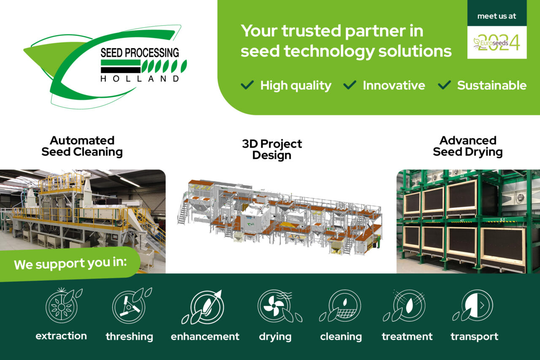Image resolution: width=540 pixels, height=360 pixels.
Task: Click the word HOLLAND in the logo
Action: (x=140, y=79)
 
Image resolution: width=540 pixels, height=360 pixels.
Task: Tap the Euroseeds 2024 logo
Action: (x=497, y=43)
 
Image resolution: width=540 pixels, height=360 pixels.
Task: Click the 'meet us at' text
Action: (x=497, y=16)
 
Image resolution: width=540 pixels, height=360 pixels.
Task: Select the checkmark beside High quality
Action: (x=247, y=85)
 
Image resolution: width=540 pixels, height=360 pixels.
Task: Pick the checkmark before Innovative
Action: (x=350, y=85)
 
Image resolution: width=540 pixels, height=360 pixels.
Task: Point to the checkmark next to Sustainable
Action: (x=444, y=85)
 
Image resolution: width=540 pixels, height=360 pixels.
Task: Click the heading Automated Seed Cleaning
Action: (x=82, y=146)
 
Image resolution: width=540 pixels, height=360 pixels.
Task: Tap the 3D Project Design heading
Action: (x=272, y=149)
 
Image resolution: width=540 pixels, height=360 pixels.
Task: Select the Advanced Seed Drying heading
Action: (x=468, y=146)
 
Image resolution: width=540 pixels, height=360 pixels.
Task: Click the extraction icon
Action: (x=63, y=305)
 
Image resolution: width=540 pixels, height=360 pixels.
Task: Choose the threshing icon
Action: (x=132, y=305)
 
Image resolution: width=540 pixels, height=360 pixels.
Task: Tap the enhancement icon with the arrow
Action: (x=203, y=307)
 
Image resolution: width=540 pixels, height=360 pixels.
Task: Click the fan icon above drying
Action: (x=280, y=306)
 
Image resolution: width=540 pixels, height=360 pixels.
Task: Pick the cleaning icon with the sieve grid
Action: (x=340, y=306)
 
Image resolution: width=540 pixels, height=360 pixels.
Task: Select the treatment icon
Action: (x=404, y=306)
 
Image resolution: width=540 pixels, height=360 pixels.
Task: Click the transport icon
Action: (x=472, y=305)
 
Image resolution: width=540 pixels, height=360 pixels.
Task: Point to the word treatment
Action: (x=407, y=336)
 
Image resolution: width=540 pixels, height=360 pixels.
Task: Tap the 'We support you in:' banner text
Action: (x=70, y=263)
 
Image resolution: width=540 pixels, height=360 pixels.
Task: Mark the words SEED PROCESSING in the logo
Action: (x=140, y=53)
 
